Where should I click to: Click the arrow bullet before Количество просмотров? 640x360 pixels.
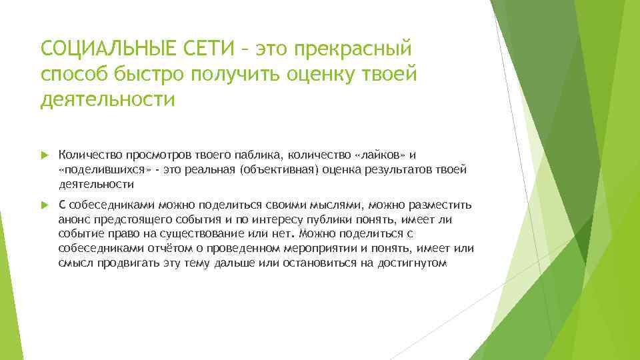pos(44,155)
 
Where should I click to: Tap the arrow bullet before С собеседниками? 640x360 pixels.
pos(44,204)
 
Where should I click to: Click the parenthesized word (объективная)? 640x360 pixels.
pos(280,170)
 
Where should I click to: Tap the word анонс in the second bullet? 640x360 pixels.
pos(73,219)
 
